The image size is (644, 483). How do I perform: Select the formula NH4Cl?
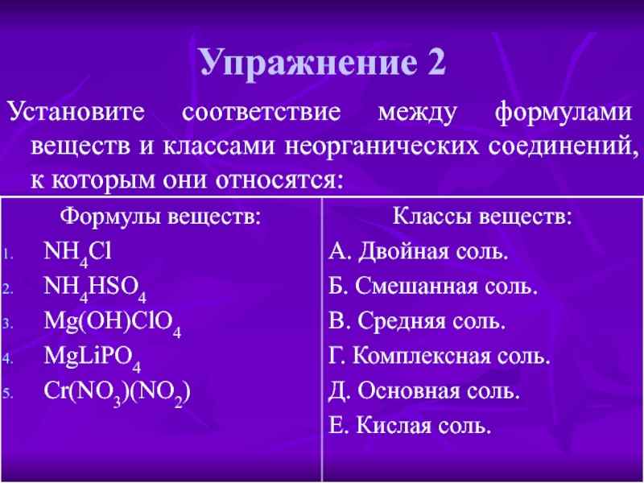77,254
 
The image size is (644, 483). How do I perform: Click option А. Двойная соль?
419,252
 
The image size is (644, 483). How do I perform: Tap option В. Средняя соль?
417,321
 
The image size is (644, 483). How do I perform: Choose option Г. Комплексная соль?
440,356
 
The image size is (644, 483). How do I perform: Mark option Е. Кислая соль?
410,425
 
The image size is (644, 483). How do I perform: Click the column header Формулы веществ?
162,217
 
